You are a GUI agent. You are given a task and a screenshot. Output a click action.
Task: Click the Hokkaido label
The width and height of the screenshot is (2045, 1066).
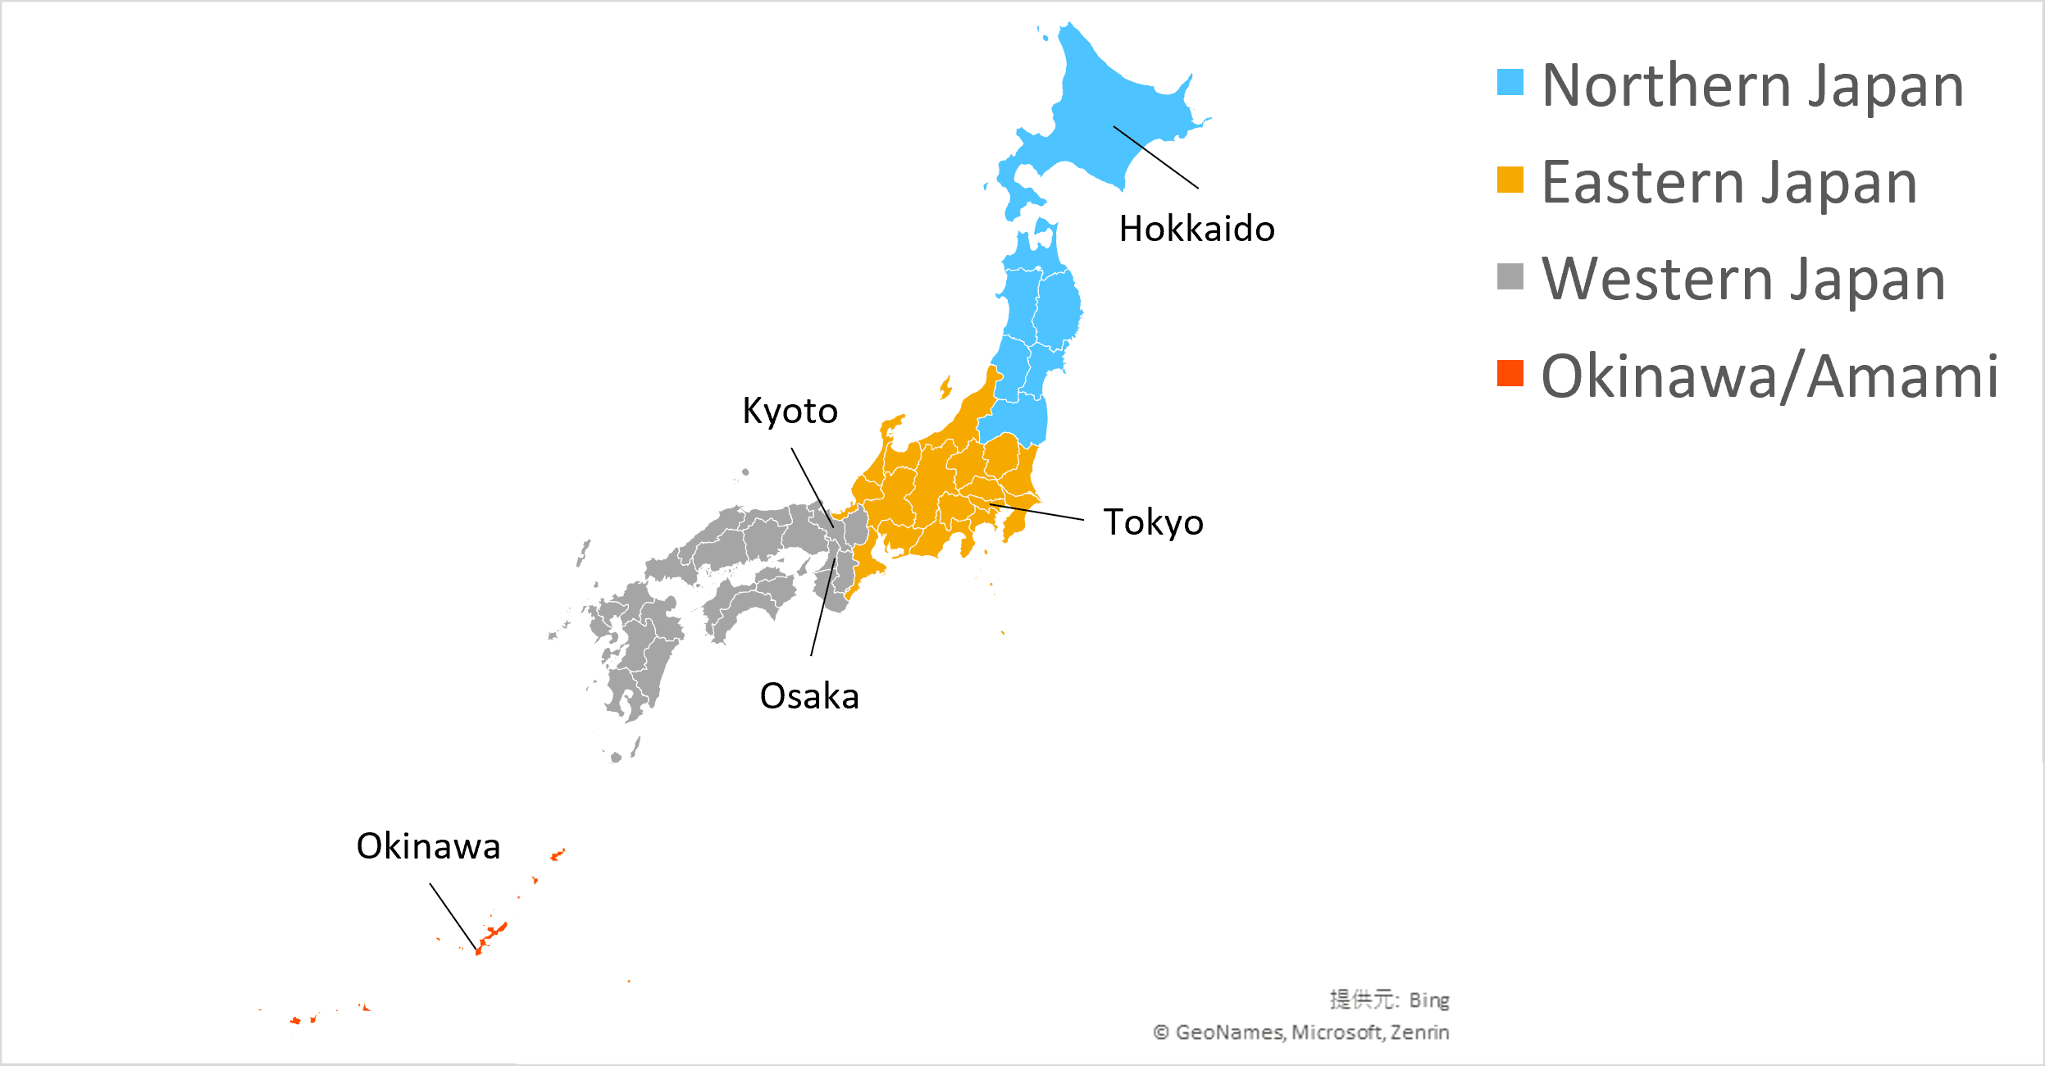[1196, 229]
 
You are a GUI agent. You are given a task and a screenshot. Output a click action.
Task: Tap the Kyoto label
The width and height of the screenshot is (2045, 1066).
[790, 411]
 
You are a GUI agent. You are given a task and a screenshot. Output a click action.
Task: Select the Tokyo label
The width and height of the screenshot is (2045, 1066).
[1153, 522]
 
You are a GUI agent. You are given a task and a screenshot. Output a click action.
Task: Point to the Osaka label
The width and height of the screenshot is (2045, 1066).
[809, 696]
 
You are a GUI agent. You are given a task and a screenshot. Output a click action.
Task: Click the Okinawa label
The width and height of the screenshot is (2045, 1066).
[428, 846]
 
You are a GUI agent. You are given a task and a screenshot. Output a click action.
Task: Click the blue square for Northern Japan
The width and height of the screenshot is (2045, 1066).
[1510, 82]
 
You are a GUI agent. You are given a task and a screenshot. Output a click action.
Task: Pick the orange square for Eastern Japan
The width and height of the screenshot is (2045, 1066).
[1510, 180]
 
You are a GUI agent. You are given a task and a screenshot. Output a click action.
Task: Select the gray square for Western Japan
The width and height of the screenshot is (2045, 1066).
[1510, 276]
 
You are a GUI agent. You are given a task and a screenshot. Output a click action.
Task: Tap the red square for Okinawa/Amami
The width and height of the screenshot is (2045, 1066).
[1510, 373]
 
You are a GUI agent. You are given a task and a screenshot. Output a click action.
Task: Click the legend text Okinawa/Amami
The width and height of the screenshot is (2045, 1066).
[1769, 376]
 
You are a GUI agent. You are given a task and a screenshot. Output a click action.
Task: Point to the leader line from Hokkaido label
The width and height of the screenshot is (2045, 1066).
[1156, 157]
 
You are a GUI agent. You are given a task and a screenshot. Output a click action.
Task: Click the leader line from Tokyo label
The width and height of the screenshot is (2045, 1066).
[1037, 512]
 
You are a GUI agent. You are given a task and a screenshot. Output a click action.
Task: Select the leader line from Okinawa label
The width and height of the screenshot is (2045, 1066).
[453, 917]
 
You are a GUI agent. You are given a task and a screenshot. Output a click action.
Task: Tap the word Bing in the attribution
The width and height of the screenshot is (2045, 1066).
[1429, 1000]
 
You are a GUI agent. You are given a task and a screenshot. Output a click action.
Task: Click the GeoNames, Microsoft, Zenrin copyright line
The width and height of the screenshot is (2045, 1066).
[1301, 1032]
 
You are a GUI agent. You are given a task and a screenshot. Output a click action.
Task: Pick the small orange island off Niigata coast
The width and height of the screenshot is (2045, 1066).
[946, 387]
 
